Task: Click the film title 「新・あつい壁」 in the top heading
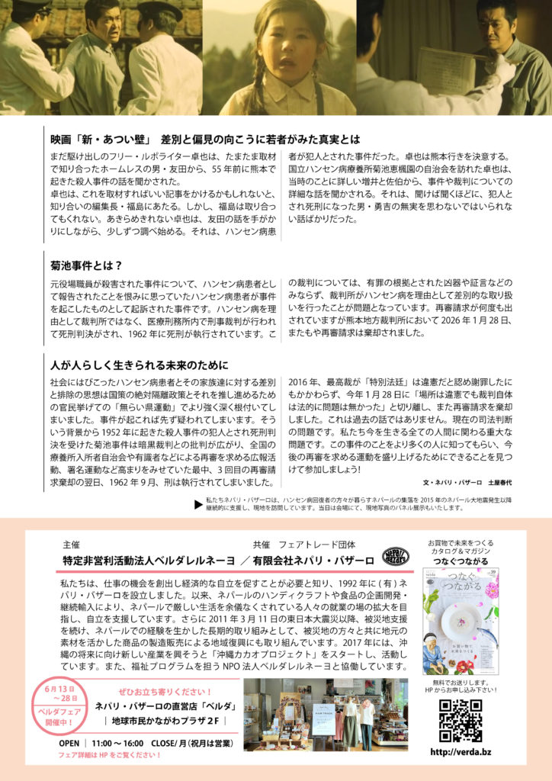[x=115, y=140]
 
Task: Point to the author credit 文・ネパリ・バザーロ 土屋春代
[x=467, y=483]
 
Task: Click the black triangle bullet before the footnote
[x=198, y=503]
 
